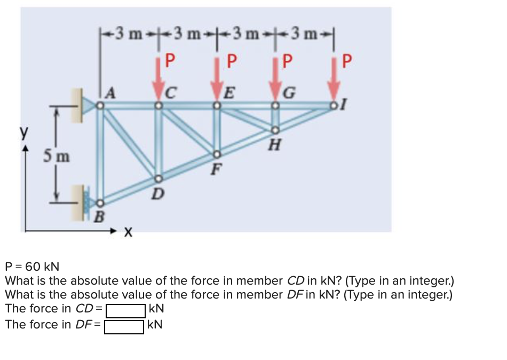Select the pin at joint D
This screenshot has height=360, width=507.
point(158,179)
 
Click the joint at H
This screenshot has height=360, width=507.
point(275,130)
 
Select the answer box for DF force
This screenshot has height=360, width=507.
point(124,325)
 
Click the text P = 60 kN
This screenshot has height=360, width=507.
point(32,266)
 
